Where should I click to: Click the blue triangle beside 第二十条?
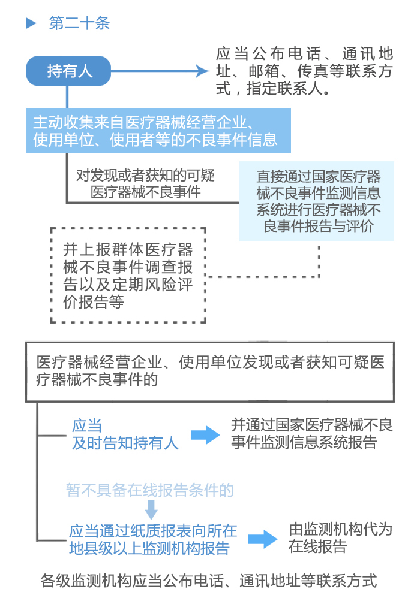tap(31, 24)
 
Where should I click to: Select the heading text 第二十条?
tap(79, 24)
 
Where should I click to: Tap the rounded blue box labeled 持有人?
tap(69, 71)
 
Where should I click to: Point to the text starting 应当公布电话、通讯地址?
tap(304, 71)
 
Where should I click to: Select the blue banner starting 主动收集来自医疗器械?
tap(158, 131)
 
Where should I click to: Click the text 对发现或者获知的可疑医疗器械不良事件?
tap(145, 184)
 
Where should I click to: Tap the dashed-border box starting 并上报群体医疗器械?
tap(128, 276)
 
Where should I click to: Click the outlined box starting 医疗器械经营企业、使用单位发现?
tap(210, 372)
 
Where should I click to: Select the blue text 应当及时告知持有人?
tap(125, 435)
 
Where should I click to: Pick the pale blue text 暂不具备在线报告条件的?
tap(149, 490)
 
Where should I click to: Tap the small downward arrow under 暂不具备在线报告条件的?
tap(151, 510)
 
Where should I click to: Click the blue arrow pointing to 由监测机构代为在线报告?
tap(263, 539)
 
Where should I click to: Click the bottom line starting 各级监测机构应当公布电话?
tap(209, 580)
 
